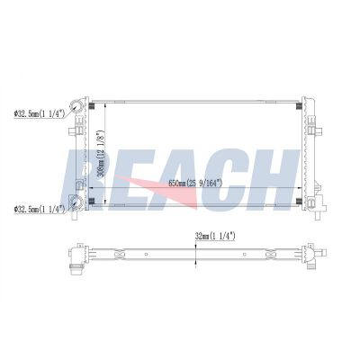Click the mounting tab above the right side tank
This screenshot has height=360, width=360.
click(x=305, y=93)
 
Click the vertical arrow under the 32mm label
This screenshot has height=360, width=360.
click(x=197, y=254)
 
